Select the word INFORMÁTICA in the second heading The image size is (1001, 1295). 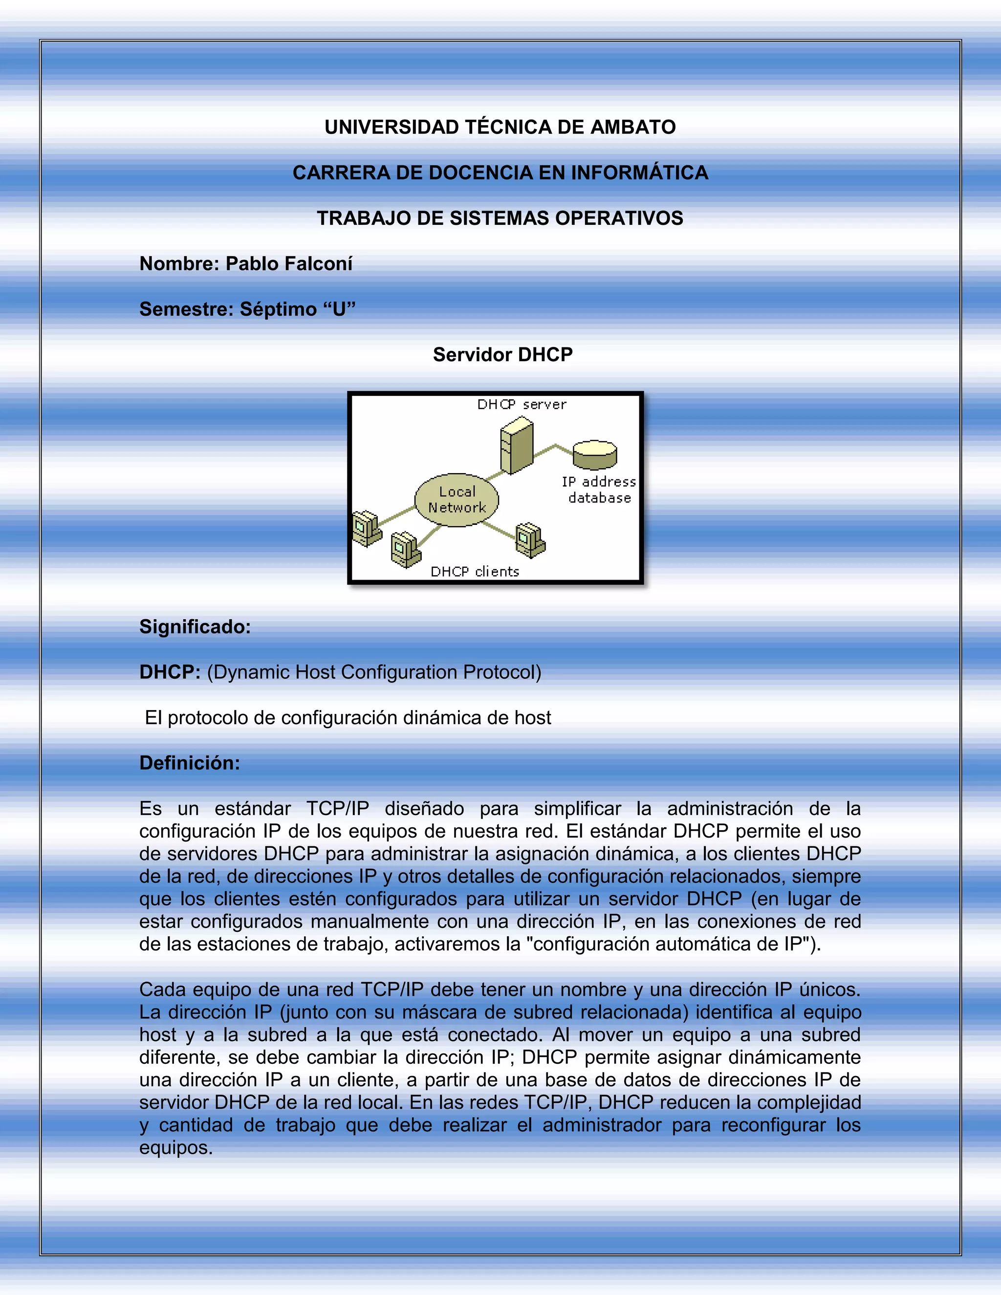point(639,173)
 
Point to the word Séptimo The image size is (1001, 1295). point(278,309)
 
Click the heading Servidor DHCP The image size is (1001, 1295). point(502,355)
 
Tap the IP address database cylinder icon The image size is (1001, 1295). point(595,455)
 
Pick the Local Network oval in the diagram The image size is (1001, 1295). point(457,500)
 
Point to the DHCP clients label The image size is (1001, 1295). point(475,572)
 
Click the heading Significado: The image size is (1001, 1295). point(195,627)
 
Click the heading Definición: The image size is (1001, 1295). point(190,763)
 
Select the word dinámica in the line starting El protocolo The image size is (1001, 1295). point(442,718)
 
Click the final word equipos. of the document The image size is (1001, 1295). point(175,1148)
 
